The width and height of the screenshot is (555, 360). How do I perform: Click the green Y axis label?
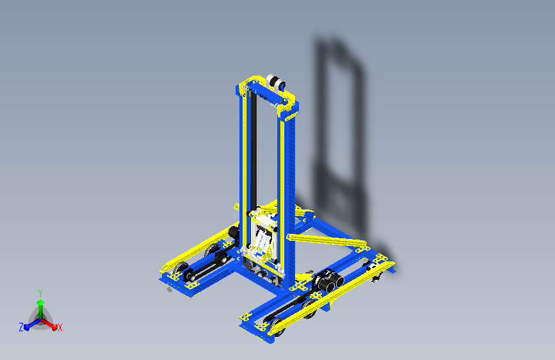40,293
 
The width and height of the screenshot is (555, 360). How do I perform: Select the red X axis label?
60,327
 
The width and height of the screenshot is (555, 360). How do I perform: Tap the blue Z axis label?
21,327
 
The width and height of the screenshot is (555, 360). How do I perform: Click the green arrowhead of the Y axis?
41,302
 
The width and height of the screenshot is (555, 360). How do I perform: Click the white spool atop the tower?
276,83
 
